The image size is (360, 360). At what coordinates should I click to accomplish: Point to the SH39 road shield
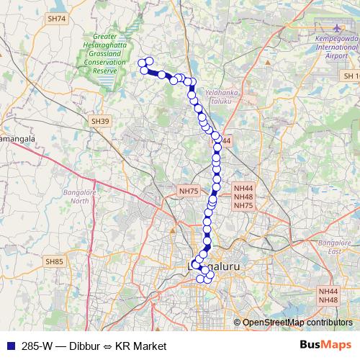pyautogui.click(x=101, y=122)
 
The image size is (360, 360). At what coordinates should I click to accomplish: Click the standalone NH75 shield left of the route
pyautogui.click(x=188, y=191)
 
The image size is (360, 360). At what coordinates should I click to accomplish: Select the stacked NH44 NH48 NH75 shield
pyautogui.click(x=243, y=196)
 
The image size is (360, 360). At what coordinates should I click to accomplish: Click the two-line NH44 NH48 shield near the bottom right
pyautogui.click(x=328, y=295)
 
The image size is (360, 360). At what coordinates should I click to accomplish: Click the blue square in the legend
pyautogui.click(x=11, y=346)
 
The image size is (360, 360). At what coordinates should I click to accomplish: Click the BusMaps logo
pyautogui.click(x=322, y=345)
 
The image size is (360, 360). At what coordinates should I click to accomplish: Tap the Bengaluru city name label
pyautogui.click(x=216, y=266)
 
